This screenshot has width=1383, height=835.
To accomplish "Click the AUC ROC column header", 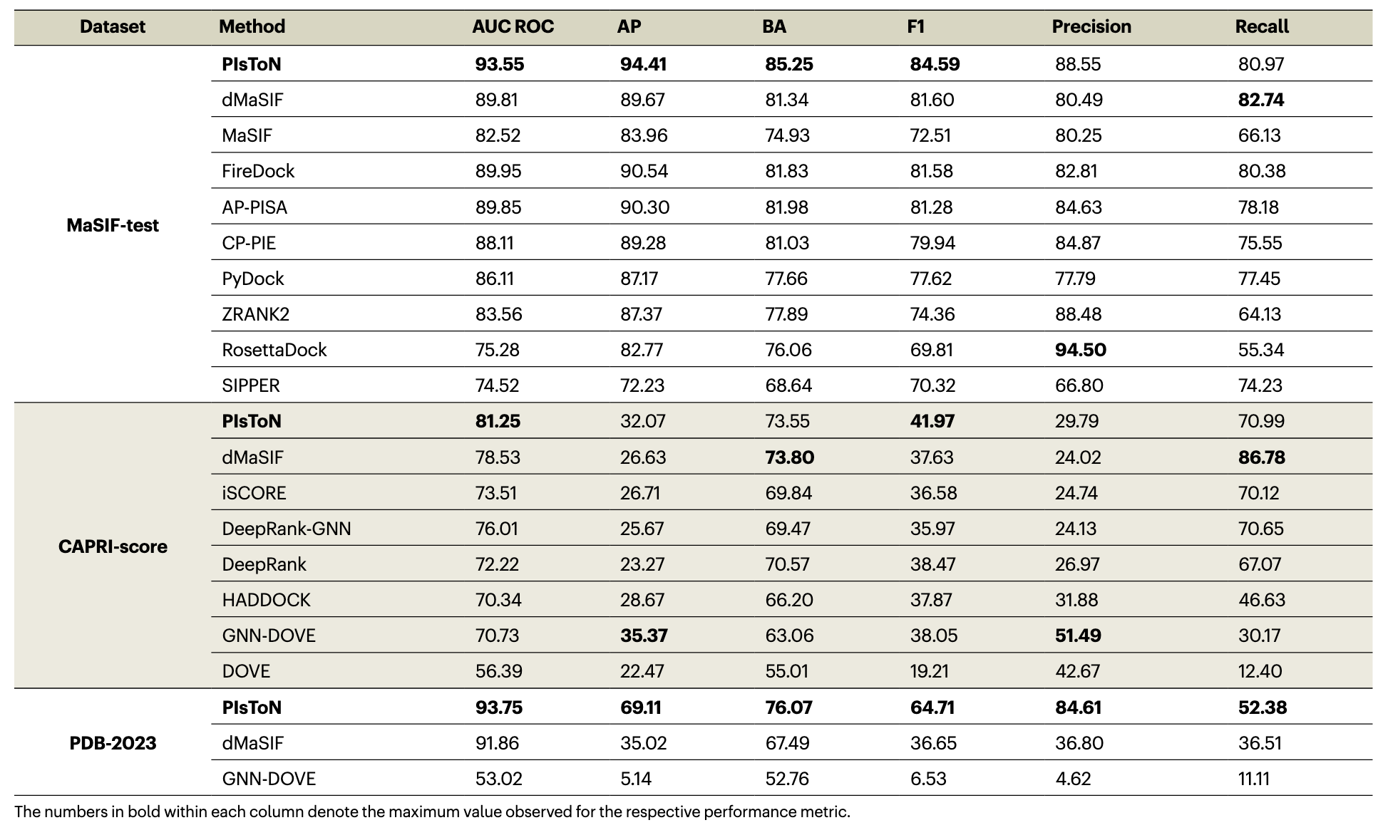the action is tap(513, 27).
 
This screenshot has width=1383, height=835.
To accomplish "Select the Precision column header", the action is tap(1091, 27).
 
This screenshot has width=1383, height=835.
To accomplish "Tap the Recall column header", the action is tap(1262, 27).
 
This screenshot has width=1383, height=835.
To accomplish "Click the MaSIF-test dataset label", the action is tap(113, 225).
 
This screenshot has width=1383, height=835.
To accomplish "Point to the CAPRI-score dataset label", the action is tap(113, 546).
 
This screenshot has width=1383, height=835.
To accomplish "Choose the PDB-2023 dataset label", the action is tap(113, 743).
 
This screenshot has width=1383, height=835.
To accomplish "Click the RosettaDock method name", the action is tap(274, 350).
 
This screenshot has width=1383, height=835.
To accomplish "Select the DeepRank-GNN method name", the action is tap(287, 529).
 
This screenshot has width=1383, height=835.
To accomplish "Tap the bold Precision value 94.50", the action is tap(1081, 350).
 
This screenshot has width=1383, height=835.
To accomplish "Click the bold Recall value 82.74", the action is tap(1261, 100).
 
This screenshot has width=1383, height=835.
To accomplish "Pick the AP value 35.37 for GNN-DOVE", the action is tap(644, 636).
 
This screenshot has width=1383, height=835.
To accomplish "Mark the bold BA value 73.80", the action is tap(790, 457).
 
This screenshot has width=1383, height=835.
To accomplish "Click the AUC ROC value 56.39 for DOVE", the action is tap(499, 671).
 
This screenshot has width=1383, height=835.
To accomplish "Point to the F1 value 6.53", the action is tap(928, 779).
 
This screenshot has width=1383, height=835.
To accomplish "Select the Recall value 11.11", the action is tap(1253, 779).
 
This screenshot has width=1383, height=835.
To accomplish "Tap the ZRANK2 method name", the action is tap(256, 314).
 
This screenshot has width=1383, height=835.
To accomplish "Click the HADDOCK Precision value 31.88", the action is tap(1076, 600).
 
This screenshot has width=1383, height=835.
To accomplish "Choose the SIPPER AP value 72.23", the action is tap(642, 385).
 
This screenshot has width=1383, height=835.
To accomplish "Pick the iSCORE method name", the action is tap(254, 493).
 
